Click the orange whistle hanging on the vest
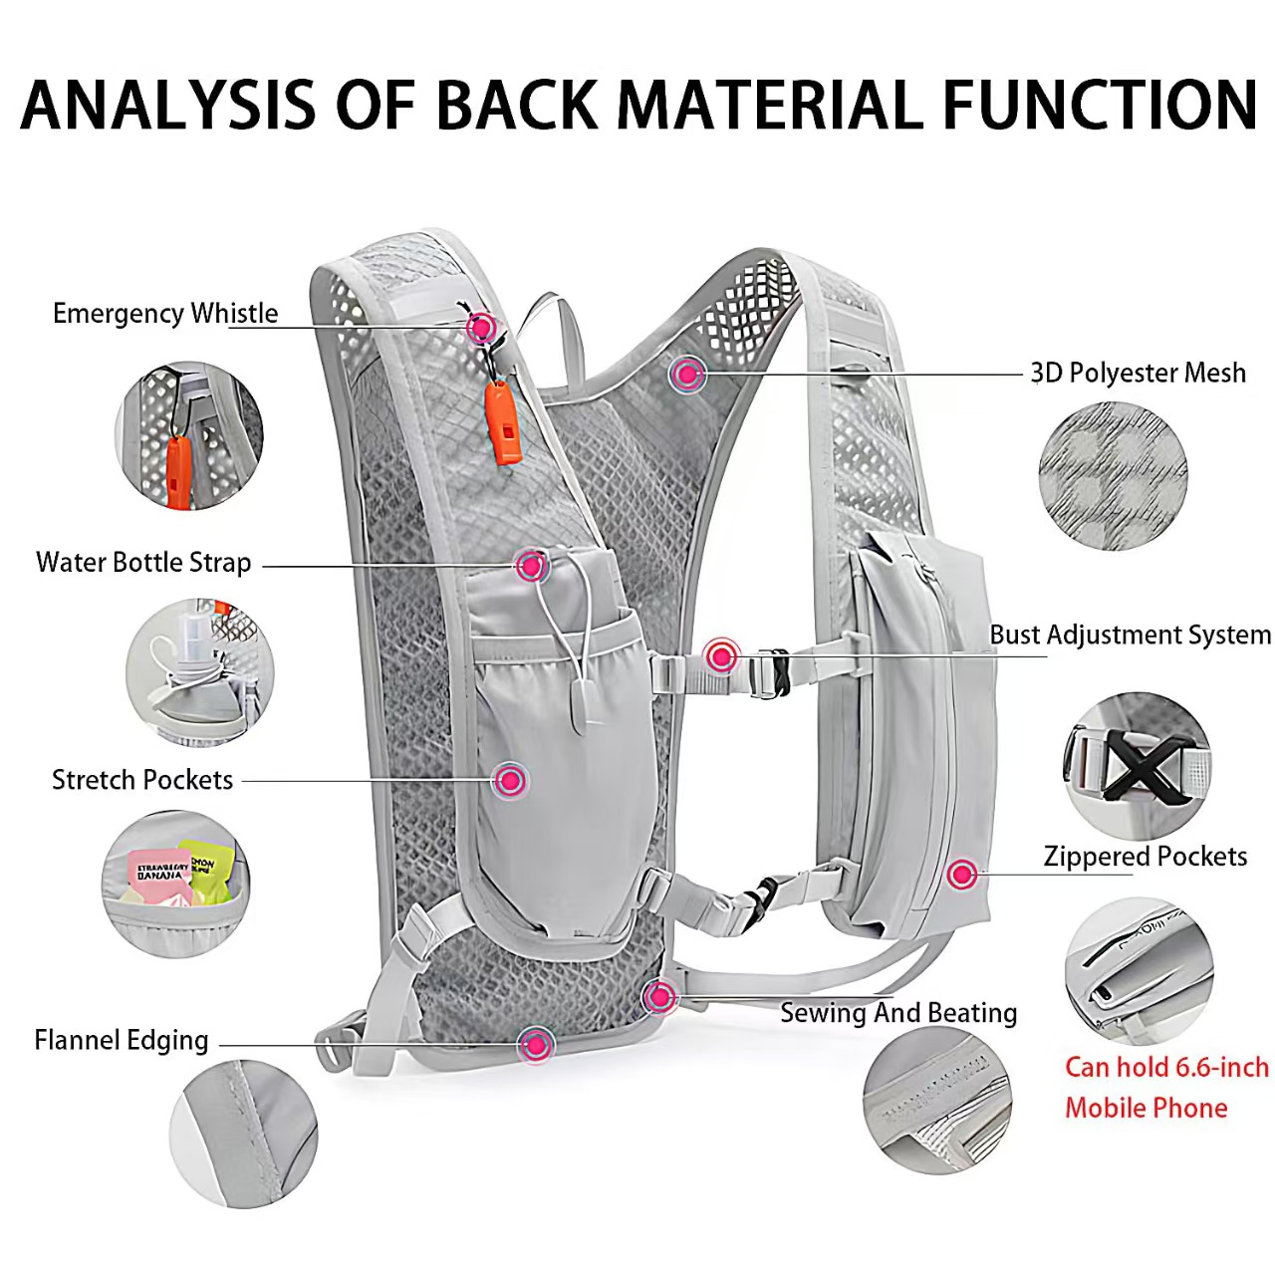click(x=503, y=423)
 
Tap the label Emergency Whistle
click(x=165, y=314)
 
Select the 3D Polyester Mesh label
click(x=1138, y=374)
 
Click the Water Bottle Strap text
click(x=143, y=563)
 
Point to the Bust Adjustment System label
click(x=1130, y=636)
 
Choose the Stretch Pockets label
click(x=142, y=780)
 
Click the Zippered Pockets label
click(x=1145, y=857)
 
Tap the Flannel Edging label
click(x=122, y=1041)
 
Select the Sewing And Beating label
click(x=898, y=1013)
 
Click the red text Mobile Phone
click(x=1146, y=1108)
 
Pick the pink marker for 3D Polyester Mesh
click(x=686, y=375)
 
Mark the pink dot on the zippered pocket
click(x=961, y=875)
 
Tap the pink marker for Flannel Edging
click(x=536, y=1045)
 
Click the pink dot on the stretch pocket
click(x=510, y=780)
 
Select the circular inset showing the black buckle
click(x=1137, y=766)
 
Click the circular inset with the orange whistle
click(x=188, y=436)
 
